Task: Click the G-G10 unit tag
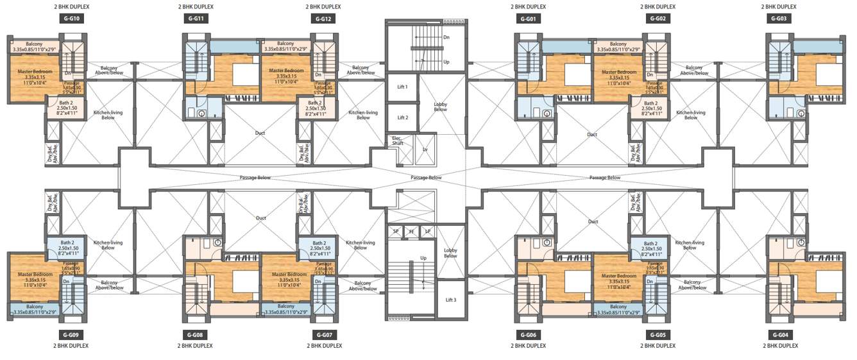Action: (71, 19)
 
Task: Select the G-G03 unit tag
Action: (778, 19)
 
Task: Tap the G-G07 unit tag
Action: (323, 335)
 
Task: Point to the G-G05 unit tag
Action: (658, 335)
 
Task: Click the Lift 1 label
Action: (402, 87)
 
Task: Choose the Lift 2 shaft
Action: (402, 117)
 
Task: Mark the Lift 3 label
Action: (450, 300)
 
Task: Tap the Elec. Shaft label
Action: (398, 141)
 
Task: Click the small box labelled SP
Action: (395, 231)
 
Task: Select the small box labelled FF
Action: (411, 231)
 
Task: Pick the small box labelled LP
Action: (427, 231)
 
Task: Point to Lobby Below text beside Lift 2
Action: (440, 107)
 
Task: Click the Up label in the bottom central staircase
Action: (423, 258)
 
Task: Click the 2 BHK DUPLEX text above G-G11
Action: (196, 6)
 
